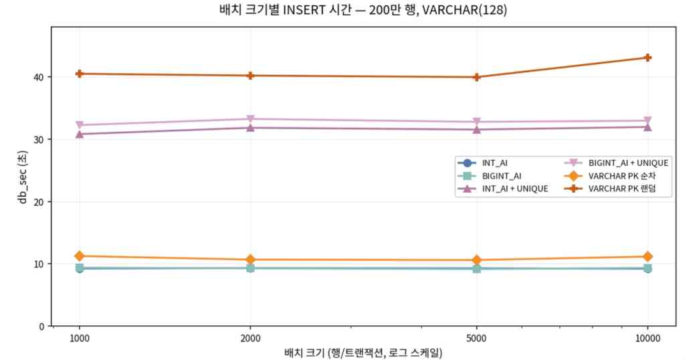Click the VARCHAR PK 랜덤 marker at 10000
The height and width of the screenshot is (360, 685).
point(648,58)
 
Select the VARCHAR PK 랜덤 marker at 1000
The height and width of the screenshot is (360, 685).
point(80,74)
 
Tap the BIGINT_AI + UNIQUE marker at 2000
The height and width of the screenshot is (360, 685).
point(250,119)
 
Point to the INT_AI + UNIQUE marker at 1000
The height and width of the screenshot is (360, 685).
point(80,134)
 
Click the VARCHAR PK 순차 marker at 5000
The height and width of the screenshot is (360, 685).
point(476,260)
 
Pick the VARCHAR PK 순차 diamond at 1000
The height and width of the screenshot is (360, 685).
point(80,256)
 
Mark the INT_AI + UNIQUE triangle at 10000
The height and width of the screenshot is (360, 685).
point(648,126)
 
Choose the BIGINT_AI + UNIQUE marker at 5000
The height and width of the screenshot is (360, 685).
point(476,122)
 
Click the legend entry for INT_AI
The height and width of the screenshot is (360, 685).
point(495,163)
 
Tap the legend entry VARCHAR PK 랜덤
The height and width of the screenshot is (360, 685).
point(620,189)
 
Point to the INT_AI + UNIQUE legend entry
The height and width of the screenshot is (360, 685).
point(514,189)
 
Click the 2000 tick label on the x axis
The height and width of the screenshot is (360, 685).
point(250,339)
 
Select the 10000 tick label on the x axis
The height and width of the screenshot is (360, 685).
point(648,339)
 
